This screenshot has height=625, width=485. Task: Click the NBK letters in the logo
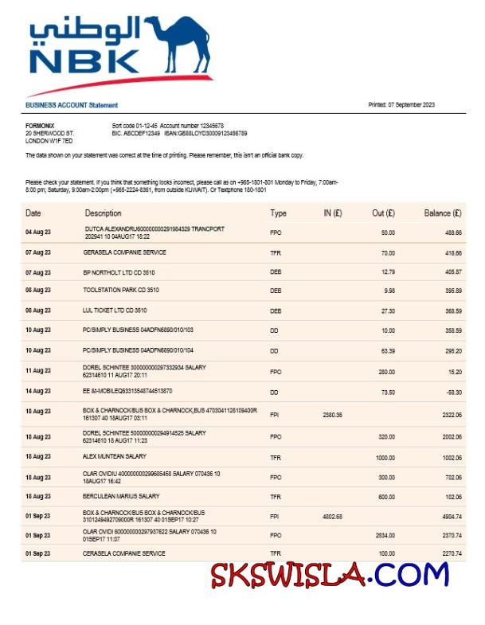pyautogui.click(x=84, y=61)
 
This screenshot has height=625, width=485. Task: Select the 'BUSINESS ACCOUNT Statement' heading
pyautogui.click(x=72, y=105)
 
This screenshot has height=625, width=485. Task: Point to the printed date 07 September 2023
pyautogui.click(x=401, y=105)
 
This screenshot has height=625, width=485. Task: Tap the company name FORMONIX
pyautogui.click(x=40, y=126)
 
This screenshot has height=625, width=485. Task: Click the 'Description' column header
pyautogui.click(x=104, y=213)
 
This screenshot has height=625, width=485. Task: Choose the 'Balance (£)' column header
pyautogui.click(x=443, y=213)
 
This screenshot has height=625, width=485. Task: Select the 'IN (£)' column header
pyautogui.click(x=332, y=213)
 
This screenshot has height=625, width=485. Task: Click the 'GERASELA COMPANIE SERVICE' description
pyautogui.click(x=125, y=252)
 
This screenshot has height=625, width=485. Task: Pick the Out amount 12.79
pyautogui.click(x=388, y=271)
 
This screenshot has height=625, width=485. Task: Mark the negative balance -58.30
pyautogui.click(x=452, y=392)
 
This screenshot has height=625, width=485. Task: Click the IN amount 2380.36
pyautogui.click(x=332, y=415)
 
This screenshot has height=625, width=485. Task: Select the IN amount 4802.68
pyautogui.click(x=332, y=517)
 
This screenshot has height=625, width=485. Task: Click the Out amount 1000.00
pyautogui.click(x=385, y=457)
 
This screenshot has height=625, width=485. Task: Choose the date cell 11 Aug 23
pyautogui.click(x=37, y=370)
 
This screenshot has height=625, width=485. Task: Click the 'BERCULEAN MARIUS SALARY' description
pyautogui.click(x=121, y=496)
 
